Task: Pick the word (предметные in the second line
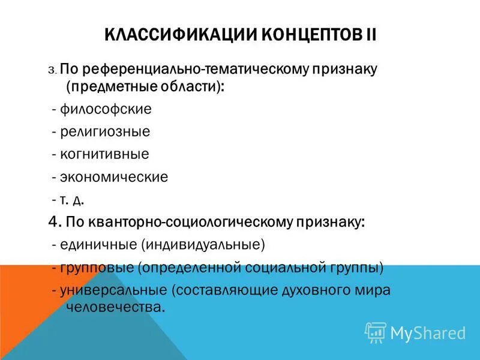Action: tap(113, 86)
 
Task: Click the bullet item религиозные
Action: tap(112, 131)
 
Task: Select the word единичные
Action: tap(98, 245)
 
